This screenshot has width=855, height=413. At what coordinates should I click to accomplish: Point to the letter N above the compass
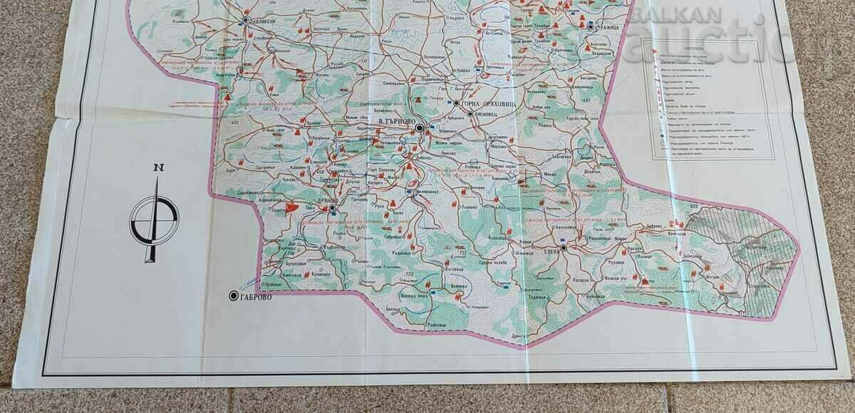click(x=157, y=167)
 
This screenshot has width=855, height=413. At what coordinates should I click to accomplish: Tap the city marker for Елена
click(x=563, y=249)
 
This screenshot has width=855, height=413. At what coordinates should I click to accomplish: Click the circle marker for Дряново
click(x=333, y=201)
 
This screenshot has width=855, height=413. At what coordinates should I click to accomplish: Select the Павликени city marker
click(x=244, y=21)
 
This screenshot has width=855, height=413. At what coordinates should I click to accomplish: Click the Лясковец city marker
click(x=470, y=113)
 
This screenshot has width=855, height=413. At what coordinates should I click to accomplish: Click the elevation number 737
click(x=462, y=253)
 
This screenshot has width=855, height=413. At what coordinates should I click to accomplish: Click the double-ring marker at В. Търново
click(x=420, y=128)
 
